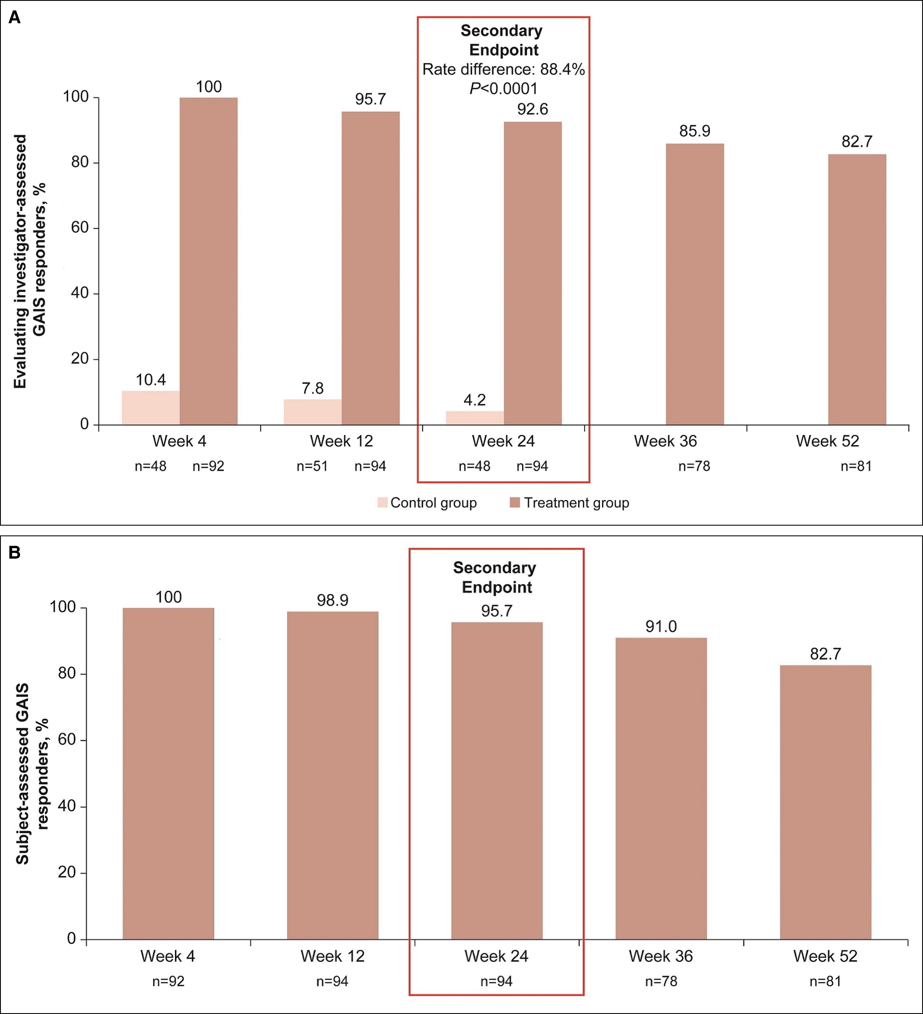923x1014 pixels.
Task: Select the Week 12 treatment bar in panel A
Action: click(370, 268)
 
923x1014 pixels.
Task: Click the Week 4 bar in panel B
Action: click(169, 774)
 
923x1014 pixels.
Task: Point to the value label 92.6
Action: click(532, 109)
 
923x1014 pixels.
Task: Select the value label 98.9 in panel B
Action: click(332, 600)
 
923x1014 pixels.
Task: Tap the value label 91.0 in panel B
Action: click(661, 626)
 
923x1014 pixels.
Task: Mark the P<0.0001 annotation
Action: click(503, 89)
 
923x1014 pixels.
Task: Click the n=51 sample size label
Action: click(312, 466)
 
